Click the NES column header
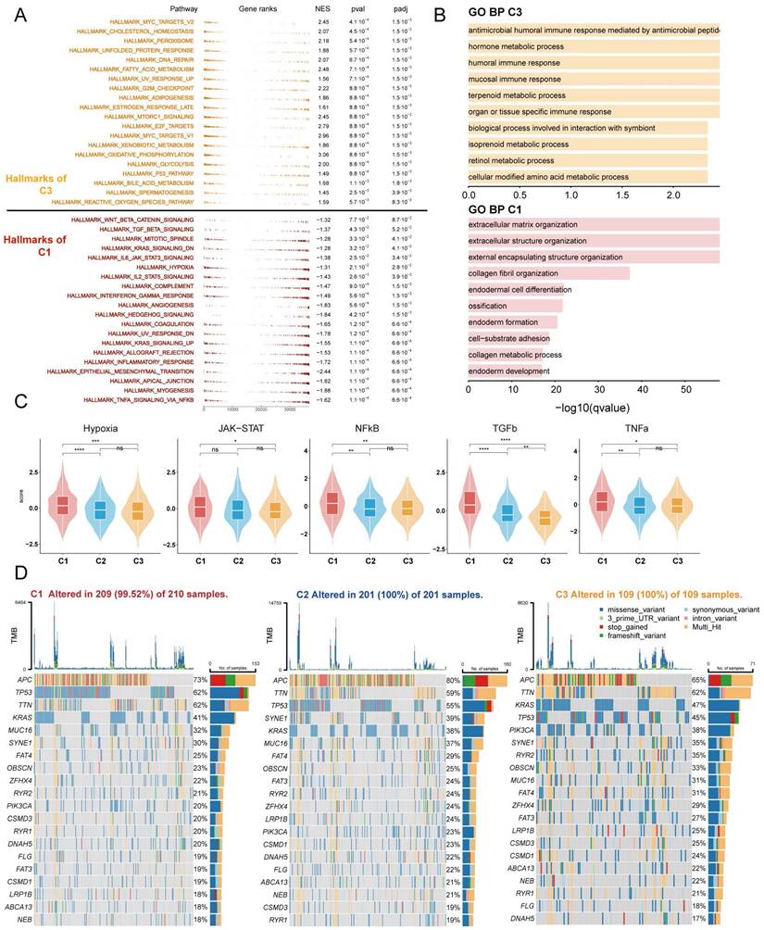[x=323, y=7]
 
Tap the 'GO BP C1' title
[x=502, y=208]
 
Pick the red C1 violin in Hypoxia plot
[x=62, y=507]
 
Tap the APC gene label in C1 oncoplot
[x=20, y=681]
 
